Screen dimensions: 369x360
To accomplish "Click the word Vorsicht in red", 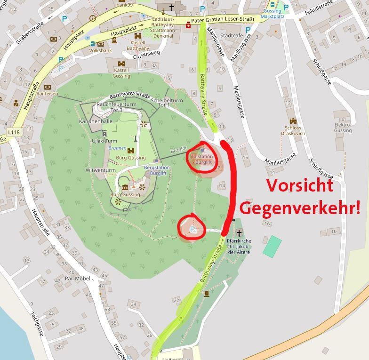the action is (300, 185).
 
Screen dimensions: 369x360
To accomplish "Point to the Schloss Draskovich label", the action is (295, 130).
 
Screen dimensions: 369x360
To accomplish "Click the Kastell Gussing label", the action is (121, 73).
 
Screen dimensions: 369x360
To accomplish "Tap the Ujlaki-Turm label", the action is (104, 141).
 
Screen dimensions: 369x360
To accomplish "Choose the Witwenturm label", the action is (101, 170).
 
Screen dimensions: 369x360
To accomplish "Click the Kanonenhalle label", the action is (96, 121).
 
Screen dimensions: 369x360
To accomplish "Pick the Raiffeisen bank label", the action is (47, 94).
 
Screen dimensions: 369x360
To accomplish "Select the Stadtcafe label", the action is (232, 36).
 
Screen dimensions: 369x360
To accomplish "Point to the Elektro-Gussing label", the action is (343, 128).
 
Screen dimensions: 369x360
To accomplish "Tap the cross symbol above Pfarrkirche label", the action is (239, 233).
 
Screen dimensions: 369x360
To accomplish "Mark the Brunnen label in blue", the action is (117, 148).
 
